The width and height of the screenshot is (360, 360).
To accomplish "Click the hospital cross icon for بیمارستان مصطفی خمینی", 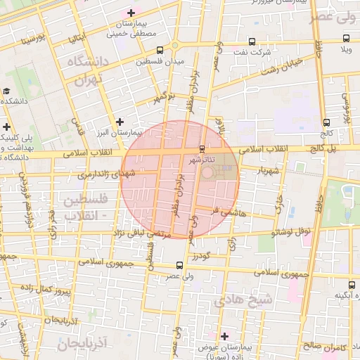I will pyautogui.click(x=131, y=13).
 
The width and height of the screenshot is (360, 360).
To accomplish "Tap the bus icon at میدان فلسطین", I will pyautogui.click(x=160, y=50).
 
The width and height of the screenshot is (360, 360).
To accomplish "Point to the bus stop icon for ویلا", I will pyautogui.click(x=345, y=38).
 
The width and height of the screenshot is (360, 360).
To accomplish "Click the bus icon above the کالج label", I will pyautogui.click(x=326, y=122).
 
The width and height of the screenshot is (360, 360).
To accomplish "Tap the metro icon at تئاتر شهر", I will pyautogui.click(x=202, y=148).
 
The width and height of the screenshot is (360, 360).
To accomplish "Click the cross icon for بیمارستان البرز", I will pyautogui.click(x=120, y=122).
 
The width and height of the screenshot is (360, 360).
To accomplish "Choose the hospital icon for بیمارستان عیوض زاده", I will pyautogui.click(x=224, y=336).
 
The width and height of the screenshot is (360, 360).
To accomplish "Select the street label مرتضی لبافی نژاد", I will pyautogui.click(x=140, y=229).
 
